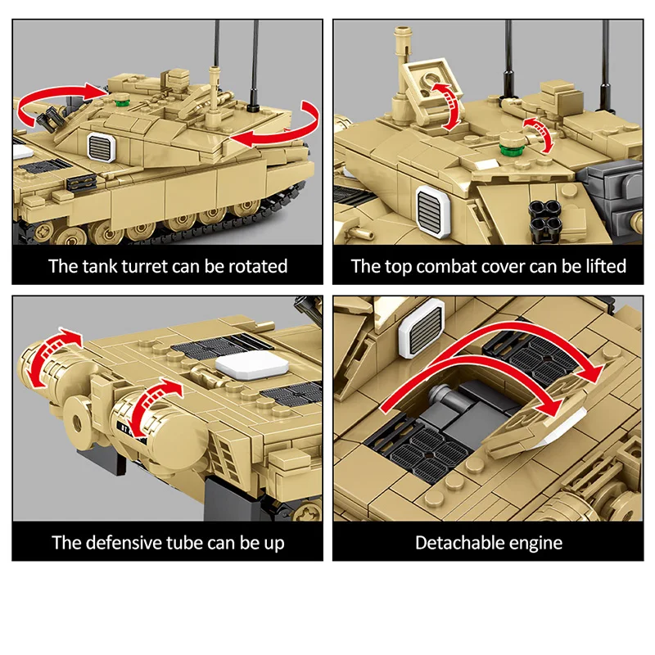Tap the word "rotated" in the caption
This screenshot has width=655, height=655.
pos(258,266)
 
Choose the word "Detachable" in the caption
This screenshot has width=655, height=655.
pos(457,543)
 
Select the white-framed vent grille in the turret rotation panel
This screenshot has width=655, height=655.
pos(102,147)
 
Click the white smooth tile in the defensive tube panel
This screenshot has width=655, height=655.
pos(252,364)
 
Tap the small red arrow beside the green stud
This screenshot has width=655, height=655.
pos(539,134)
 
